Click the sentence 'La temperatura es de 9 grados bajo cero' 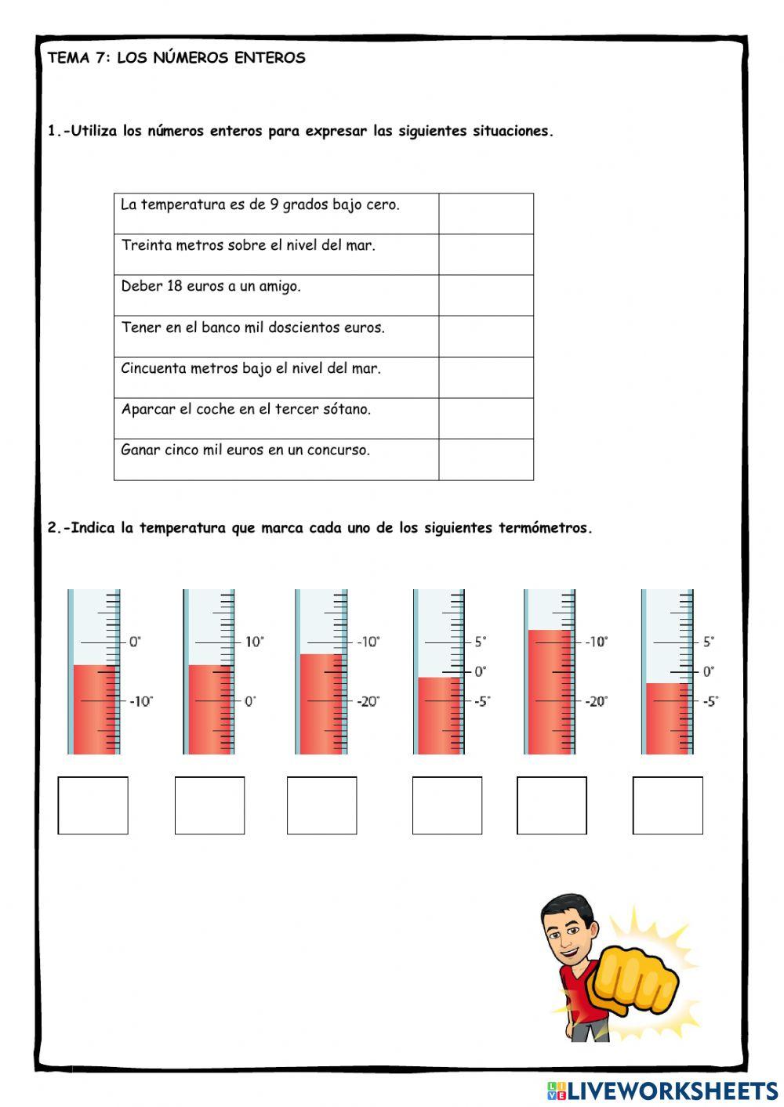point(260,205)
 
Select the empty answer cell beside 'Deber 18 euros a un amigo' point(485,295)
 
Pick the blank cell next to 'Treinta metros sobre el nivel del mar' point(485,255)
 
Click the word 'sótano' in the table point(344,409)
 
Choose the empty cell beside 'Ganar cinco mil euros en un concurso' point(485,459)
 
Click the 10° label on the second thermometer point(254,642)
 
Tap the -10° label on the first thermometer point(140,701)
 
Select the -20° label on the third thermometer point(368,701)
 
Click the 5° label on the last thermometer point(709,642)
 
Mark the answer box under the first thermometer point(93,805)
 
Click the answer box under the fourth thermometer point(447,805)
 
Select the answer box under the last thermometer point(667,805)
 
